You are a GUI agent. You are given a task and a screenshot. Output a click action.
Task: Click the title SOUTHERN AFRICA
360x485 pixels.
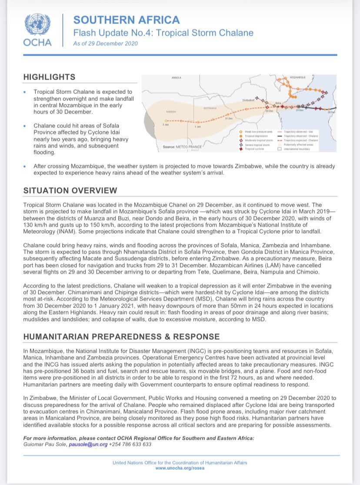point(126,20)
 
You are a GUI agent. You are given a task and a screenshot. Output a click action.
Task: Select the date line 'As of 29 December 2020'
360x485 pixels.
point(105,44)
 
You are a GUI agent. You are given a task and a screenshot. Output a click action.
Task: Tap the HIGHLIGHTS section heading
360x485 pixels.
point(49,77)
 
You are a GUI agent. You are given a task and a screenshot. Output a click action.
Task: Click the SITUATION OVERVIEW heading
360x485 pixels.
point(70,191)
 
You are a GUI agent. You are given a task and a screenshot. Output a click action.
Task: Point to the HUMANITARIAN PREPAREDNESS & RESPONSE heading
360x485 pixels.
point(121,337)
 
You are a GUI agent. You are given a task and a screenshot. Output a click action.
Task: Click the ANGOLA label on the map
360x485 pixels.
point(176,78)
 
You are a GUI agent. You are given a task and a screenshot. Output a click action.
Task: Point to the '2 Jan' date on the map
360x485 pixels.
point(165,124)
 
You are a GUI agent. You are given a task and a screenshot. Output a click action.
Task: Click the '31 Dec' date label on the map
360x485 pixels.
point(228,119)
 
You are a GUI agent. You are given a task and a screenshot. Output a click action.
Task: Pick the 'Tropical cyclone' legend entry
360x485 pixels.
point(256,149)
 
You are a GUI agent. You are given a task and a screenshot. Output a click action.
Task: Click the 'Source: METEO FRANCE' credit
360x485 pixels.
point(180,147)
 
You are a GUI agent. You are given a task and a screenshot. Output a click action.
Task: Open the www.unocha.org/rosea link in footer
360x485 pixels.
point(180,468)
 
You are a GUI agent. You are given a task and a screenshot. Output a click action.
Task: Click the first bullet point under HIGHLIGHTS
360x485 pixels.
point(79,102)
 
